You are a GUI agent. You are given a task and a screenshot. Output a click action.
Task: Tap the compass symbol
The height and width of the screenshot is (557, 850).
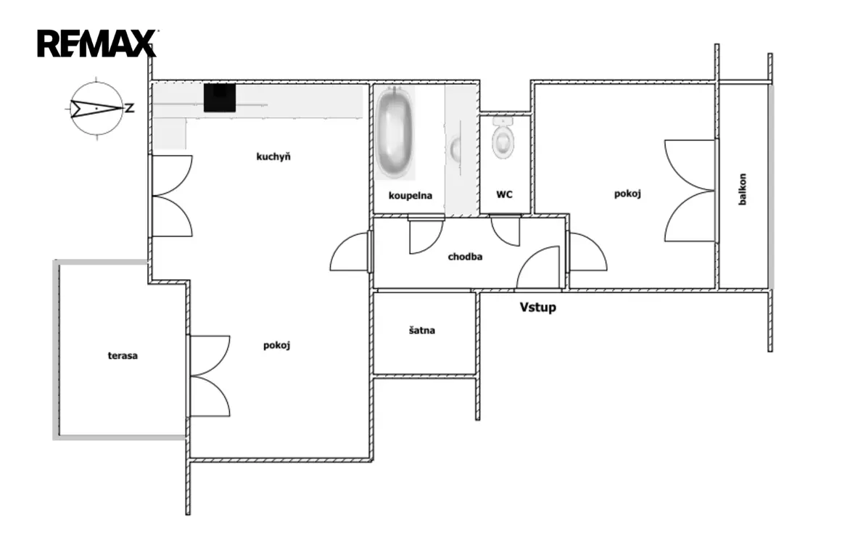(x=96, y=109)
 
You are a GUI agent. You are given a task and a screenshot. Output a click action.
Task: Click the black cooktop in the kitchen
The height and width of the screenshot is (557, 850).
(x=220, y=99)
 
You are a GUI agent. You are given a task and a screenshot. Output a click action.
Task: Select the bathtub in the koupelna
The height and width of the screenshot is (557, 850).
(x=395, y=132)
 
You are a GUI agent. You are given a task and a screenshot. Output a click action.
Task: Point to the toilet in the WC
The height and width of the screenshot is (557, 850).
(x=503, y=139)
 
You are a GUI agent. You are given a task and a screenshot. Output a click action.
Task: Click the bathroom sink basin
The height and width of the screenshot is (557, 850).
(x=456, y=149)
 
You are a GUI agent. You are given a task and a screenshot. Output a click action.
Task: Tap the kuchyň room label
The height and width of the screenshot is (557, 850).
(x=273, y=157)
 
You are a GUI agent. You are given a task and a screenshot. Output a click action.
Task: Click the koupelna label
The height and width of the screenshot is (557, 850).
(x=410, y=195)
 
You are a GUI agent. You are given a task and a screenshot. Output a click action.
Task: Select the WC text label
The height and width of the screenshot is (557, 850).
(x=504, y=194)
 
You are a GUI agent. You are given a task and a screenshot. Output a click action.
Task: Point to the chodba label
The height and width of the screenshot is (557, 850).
(x=465, y=257)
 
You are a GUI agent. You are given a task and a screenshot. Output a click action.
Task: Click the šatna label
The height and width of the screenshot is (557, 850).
(x=422, y=330)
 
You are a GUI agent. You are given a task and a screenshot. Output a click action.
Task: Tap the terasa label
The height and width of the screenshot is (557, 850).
(x=123, y=356)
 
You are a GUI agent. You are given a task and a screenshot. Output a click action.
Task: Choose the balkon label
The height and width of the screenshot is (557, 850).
(x=742, y=189)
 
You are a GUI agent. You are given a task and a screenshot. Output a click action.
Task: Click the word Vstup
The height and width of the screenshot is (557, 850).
(x=537, y=308)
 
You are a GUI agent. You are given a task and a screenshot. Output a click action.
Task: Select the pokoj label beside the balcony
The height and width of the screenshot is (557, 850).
(x=628, y=194)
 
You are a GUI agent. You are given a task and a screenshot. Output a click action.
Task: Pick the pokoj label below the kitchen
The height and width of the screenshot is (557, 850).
(x=276, y=345)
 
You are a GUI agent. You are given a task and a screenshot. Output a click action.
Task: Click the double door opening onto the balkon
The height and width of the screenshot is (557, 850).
(x=690, y=190)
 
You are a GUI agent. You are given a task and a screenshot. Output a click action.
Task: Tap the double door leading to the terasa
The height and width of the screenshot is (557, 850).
(x=209, y=376)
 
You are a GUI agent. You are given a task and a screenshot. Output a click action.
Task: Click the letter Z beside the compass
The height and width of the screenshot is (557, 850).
(x=130, y=108)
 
